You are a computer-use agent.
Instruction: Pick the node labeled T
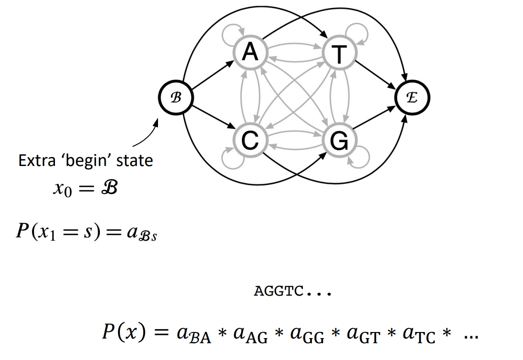(x=339, y=54)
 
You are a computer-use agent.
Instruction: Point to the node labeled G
(x=339, y=140)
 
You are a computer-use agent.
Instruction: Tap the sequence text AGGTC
(x=278, y=291)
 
